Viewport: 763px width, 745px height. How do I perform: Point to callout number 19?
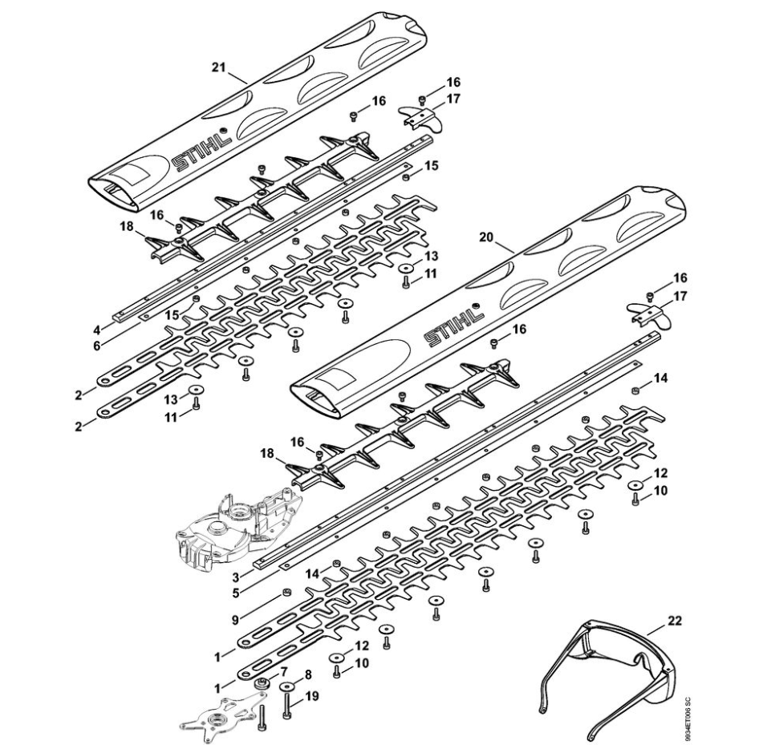click(312, 696)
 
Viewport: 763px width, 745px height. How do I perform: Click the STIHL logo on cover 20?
click(456, 330)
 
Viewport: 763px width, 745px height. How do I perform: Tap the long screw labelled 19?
click(286, 706)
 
